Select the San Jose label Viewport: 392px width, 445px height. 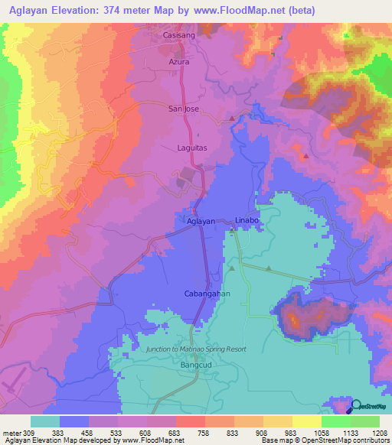184,109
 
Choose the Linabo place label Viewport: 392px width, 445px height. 248,221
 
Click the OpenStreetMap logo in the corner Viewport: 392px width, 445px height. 368,407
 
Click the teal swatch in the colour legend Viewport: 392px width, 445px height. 44,421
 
